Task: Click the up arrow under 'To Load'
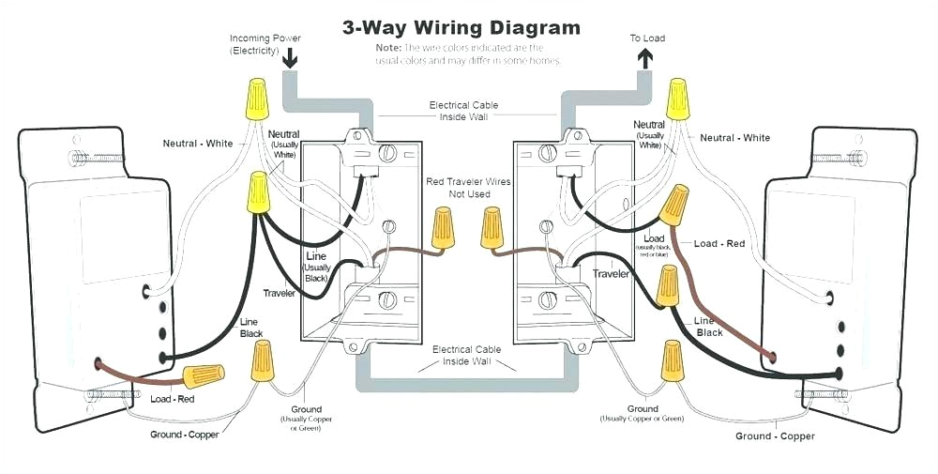tap(646, 59)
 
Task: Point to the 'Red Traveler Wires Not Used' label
tap(468, 187)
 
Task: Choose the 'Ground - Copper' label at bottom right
tap(775, 436)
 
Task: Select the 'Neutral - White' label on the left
tap(198, 144)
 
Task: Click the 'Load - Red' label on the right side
tap(719, 244)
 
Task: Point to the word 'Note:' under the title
tap(388, 47)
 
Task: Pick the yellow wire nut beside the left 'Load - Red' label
tap(204, 376)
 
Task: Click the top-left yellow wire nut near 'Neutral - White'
tap(253, 98)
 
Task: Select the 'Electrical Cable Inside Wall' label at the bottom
tap(466, 355)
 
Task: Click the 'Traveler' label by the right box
tap(611, 274)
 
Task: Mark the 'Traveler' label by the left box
tap(279, 294)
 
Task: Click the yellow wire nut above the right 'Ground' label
tap(671, 360)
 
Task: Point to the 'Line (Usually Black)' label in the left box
tap(316, 268)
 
